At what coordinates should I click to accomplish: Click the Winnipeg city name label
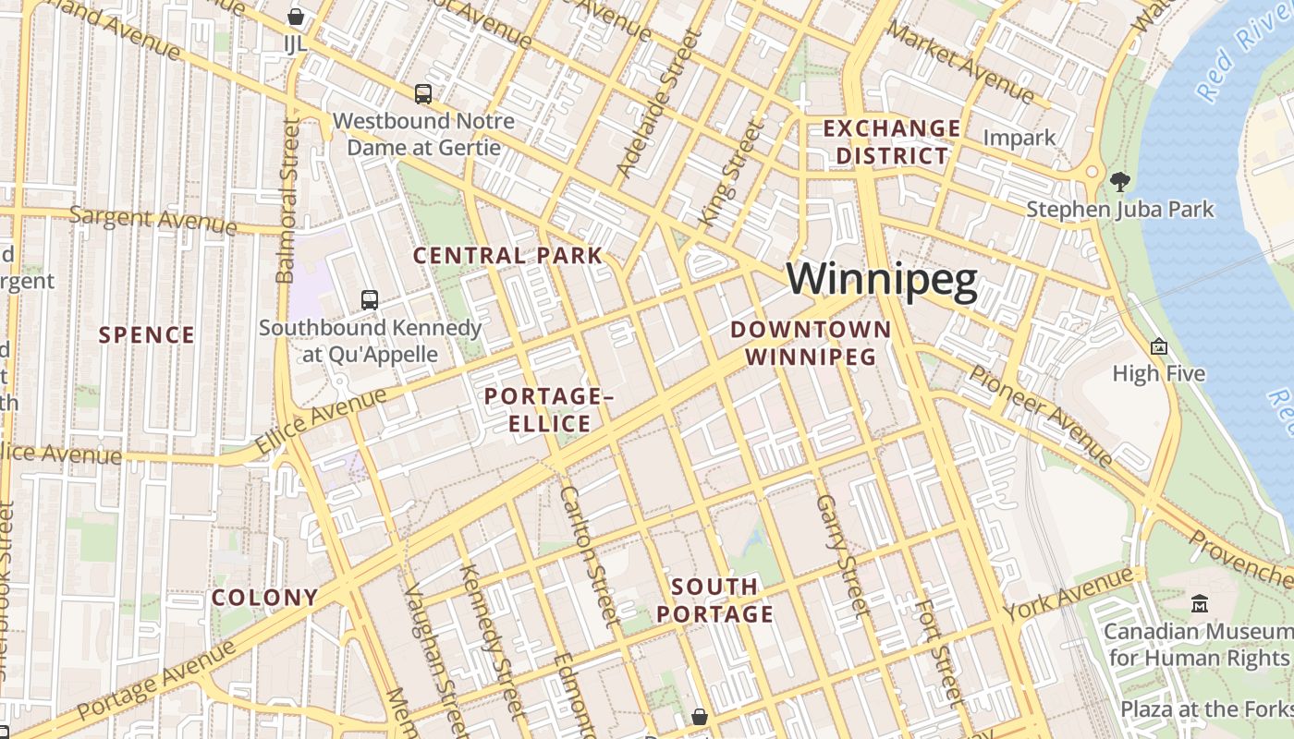pyautogui.click(x=882, y=280)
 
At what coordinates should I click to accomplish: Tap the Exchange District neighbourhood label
pyautogui.click(x=892, y=141)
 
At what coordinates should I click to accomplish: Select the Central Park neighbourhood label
pyautogui.click(x=507, y=256)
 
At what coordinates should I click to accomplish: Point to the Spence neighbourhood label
pyautogui.click(x=147, y=334)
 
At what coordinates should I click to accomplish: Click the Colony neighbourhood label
pyautogui.click(x=264, y=597)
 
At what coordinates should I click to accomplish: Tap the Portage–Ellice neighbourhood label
pyautogui.click(x=549, y=410)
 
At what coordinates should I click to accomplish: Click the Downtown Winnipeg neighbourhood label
pyautogui.click(x=811, y=343)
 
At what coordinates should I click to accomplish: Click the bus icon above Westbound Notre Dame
pyautogui.click(x=422, y=93)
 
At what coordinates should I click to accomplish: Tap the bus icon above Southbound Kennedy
pyautogui.click(x=370, y=299)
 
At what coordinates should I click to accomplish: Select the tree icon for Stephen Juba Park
pyautogui.click(x=1119, y=181)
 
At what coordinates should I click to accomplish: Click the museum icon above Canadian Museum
pyautogui.click(x=1200, y=604)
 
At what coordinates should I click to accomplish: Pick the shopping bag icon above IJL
pyautogui.click(x=296, y=16)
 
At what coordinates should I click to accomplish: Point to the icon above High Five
pyautogui.click(x=1158, y=346)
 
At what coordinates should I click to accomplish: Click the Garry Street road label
pyautogui.click(x=842, y=556)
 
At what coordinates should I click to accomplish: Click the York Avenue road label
pyautogui.click(x=1068, y=595)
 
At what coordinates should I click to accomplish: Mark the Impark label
pyautogui.click(x=1019, y=138)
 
